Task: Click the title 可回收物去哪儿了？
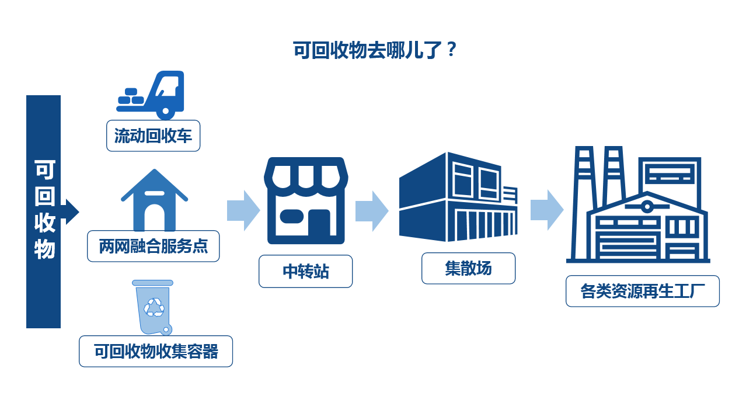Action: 374,50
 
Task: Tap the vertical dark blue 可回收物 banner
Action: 43,211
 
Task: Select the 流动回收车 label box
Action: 153,136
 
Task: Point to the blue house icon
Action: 154,200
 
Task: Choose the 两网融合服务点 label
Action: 154,247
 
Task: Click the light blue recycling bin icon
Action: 154,307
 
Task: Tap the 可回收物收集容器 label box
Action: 156,351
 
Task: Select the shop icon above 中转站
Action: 305,200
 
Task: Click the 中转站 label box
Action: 305,272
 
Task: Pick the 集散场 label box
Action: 468,268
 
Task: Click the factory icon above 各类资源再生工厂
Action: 638,204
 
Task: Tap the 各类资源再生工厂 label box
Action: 642,291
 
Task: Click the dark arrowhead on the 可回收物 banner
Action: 71,211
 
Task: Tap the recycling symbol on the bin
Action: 155,307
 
